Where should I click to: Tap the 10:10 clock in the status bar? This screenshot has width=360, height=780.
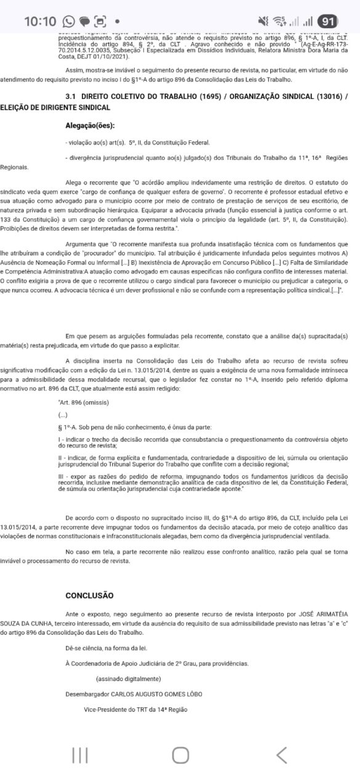tap(40, 21)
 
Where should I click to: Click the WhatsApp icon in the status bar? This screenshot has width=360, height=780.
tap(68, 21)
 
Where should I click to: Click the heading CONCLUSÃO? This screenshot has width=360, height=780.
tap(89, 595)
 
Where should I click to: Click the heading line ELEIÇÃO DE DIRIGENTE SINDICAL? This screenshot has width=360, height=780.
tap(55, 107)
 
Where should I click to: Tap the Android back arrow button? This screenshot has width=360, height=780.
tap(281, 755)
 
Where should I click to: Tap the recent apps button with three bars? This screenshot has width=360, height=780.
tap(80, 755)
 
